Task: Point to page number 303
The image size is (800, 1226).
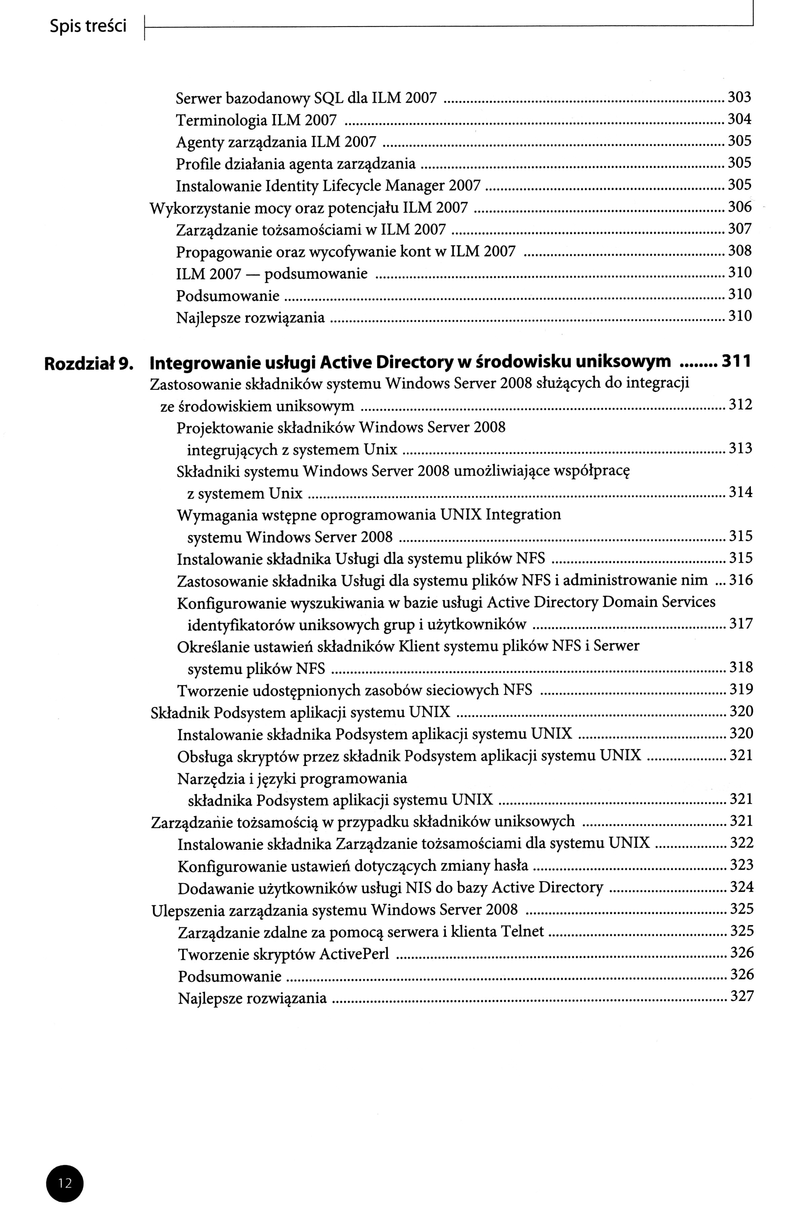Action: coord(739,97)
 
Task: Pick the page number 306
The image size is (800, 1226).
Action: coord(739,207)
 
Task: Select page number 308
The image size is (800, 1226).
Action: coord(739,251)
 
